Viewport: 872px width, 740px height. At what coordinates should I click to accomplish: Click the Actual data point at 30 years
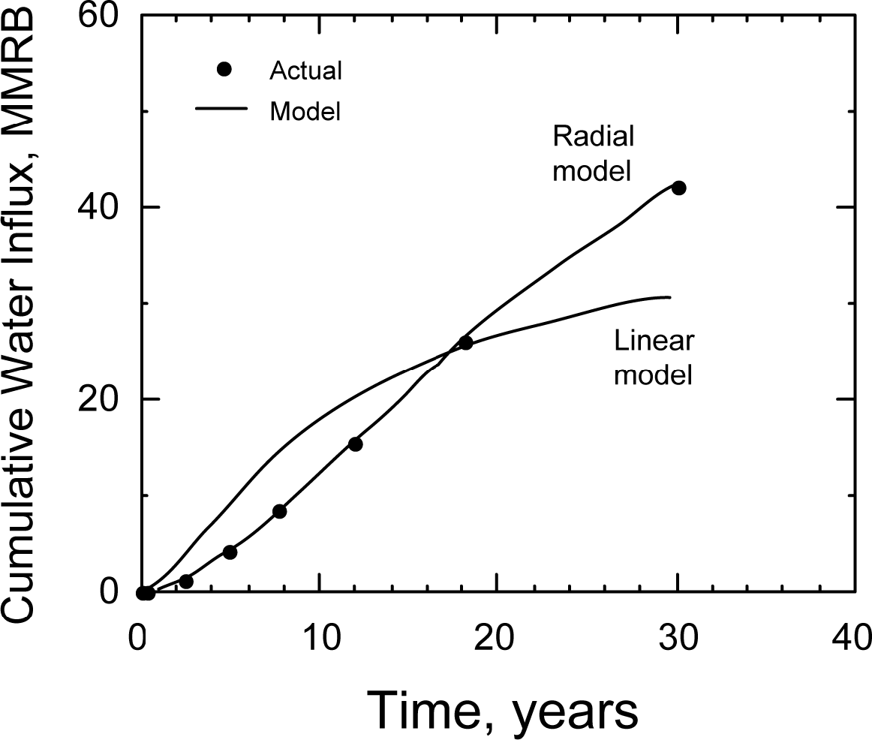coord(678,188)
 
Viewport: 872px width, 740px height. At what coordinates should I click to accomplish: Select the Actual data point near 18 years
coord(465,343)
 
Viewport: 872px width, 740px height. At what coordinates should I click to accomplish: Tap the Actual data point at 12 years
coord(356,444)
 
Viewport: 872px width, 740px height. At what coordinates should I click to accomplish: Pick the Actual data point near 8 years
coord(280,511)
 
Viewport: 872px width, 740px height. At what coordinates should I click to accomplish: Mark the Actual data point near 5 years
coord(230,552)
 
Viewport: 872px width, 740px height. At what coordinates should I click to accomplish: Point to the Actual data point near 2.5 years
coord(186,582)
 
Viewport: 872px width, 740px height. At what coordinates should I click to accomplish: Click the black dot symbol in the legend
coord(223,70)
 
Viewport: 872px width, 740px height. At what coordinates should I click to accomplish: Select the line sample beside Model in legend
coord(221,110)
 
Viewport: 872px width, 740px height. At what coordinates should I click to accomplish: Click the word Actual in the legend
coord(305,71)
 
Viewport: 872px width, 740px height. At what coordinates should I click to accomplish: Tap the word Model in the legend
coord(305,112)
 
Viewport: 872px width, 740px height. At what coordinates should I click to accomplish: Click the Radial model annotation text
coord(592,154)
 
